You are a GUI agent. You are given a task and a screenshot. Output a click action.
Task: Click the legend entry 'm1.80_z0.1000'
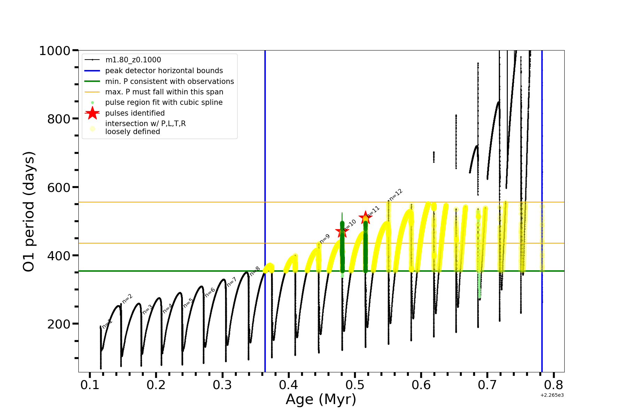pos(133,60)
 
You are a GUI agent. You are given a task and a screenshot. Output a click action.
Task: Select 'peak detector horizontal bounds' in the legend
pos(164,71)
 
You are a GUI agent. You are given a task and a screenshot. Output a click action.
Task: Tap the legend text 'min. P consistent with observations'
pos(169,82)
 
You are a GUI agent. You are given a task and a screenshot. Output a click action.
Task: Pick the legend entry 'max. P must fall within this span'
pos(164,92)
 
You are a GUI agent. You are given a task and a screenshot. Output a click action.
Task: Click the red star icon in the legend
pos(92,113)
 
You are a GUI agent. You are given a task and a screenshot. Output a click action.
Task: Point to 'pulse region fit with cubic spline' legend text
pos(164,102)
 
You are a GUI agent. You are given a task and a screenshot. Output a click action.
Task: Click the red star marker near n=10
pos(342,231)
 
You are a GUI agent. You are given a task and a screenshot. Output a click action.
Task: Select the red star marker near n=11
pos(365,218)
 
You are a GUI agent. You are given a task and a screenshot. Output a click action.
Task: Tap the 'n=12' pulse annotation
pos(396,195)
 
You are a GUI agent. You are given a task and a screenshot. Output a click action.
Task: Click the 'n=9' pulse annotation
pos(325,239)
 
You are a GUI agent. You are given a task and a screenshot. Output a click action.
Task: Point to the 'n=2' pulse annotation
pos(127,299)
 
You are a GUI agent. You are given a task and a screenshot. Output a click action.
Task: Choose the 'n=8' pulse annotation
pos(255,271)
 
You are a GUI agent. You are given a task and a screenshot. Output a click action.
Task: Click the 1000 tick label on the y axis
pos(55,51)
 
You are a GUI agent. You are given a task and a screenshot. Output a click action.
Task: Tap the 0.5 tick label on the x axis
pos(355,385)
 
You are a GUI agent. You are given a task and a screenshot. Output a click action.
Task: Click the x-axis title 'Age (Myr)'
pos(321,400)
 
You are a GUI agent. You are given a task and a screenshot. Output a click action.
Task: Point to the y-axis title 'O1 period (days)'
pos(29,211)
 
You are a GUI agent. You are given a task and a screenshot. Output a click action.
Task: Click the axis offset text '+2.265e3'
pos(552,395)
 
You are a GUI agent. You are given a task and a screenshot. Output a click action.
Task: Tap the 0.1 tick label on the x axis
pos(90,385)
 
